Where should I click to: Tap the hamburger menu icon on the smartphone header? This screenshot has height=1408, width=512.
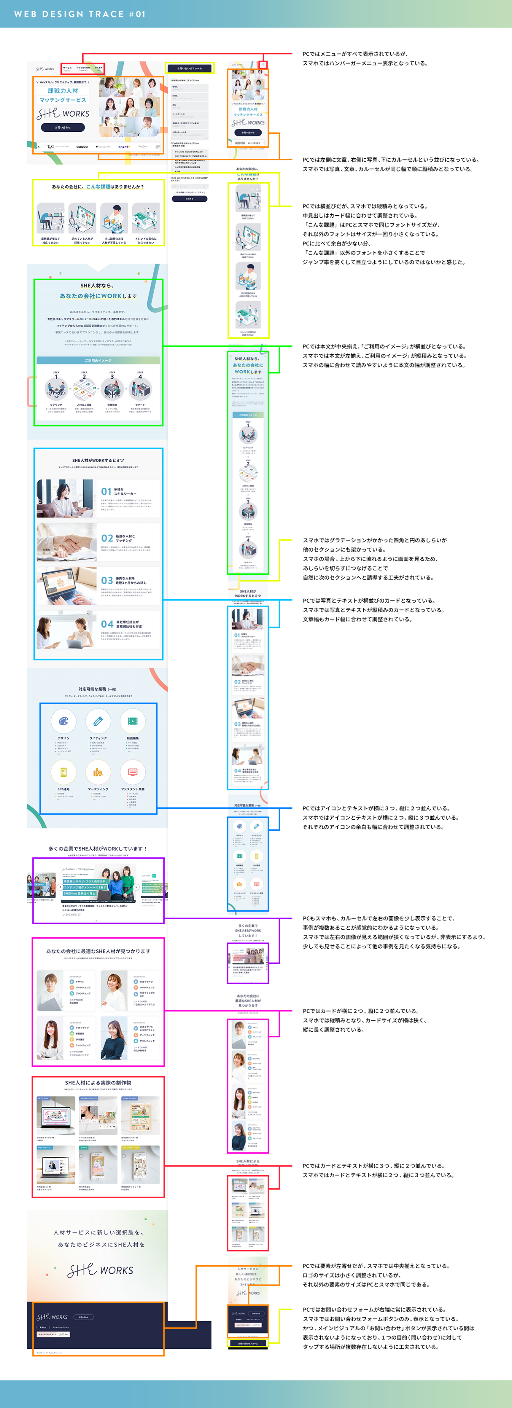(263, 65)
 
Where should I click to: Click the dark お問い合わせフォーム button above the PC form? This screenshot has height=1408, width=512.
(189, 68)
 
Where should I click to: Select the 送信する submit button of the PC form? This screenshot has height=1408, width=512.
(189, 198)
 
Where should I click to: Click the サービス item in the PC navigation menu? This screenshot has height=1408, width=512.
(67, 68)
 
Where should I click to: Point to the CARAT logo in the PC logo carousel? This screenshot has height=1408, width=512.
(124, 146)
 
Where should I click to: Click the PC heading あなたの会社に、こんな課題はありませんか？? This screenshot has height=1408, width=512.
(98, 187)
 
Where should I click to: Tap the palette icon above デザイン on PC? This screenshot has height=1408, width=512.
(63, 721)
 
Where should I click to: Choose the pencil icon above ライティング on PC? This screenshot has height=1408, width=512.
(98, 721)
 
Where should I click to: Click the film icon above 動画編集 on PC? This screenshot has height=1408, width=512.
(132, 721)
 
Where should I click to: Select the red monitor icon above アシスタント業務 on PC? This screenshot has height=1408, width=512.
(132, 772)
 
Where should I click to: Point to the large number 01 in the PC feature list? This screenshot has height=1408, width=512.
(106, 491)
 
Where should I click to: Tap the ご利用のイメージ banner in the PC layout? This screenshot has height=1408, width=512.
(98, 360)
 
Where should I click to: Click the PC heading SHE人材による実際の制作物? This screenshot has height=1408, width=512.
(98, 1082)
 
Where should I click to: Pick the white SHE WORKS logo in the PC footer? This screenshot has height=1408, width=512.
(52, 1317)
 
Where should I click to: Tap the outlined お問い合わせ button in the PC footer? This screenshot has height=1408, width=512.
(83, 1317)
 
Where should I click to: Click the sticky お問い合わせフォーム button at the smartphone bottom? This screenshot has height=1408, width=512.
(248, 1343)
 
